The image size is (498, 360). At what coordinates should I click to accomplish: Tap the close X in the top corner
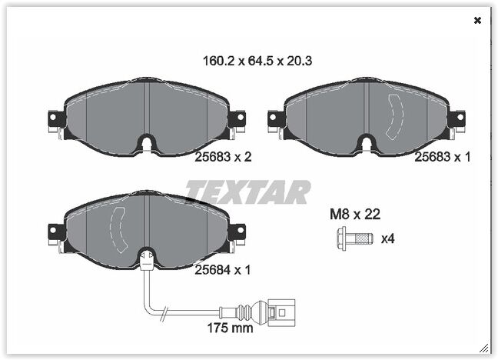click(x=477, y=21)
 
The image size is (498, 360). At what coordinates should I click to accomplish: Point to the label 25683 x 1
click(x=442, y=156)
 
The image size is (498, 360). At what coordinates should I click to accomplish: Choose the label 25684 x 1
click(x=223, y=269)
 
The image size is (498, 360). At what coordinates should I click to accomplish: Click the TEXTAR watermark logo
click(x=247, y=192)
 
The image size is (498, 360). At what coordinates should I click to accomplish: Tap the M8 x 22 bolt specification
click(x=355, y=215)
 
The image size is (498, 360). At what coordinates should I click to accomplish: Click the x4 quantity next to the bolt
click(x=388, y=239)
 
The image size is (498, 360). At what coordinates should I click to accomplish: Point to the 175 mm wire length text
click(x=231, y=328)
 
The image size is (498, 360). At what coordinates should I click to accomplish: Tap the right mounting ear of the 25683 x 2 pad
click(x=237, y=118)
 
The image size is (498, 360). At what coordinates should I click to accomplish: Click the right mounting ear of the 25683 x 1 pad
click(x=456, y=118)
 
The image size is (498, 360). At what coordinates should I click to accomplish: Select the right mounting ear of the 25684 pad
click(x=237, y=230)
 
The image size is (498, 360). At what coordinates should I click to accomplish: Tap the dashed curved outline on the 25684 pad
click(x=118, y=231)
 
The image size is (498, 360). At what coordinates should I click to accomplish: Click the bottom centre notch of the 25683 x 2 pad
click(x=147, y=144)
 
